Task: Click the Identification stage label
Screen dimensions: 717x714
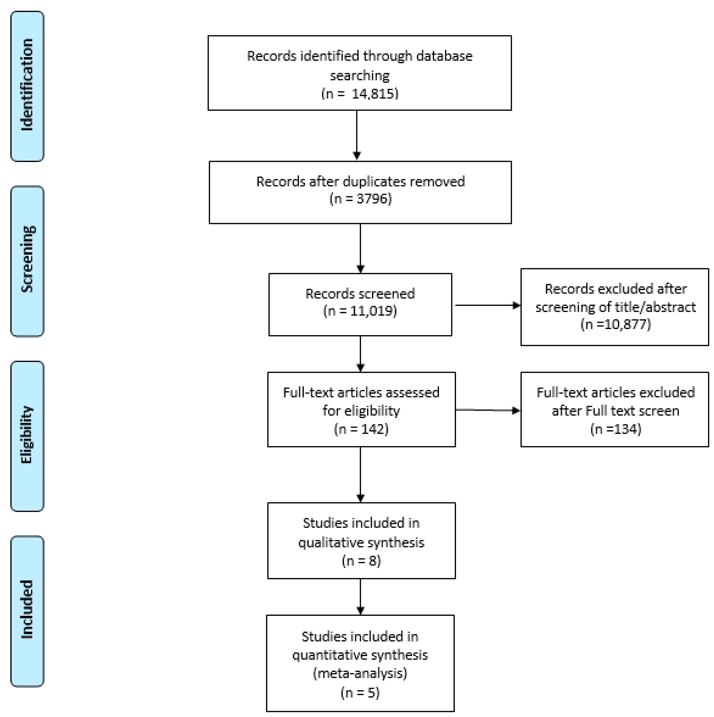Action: coord(27,85)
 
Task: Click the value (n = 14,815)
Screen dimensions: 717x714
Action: coord(360,93)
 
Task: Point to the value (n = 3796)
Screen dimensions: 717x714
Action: coord(360,199)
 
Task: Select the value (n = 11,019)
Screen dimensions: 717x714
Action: coord(360,311)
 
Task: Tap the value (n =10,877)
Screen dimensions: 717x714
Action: coord(616,324)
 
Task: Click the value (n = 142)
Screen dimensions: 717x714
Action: coord(361,429)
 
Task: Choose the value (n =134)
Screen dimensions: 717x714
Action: coord(616,429)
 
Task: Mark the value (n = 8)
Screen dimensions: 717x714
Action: coord(361,560)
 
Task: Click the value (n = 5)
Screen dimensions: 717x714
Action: coord(360,693)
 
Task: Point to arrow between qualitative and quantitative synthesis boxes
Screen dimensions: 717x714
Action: coord(360,596)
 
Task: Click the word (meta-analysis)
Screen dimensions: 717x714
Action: coord(360,673)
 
